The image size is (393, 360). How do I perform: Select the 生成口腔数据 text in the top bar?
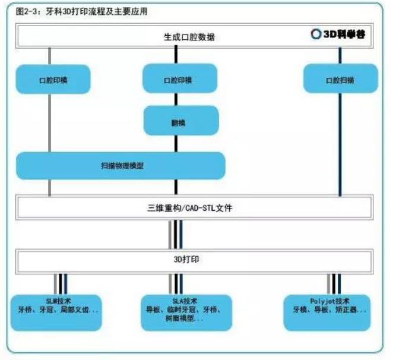(x=189, y=37)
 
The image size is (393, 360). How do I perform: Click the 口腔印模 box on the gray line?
(x=53, y=79)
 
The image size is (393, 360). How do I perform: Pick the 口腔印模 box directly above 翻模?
(x=179, y=79)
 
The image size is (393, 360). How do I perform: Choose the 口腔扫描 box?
(x=340, y=79)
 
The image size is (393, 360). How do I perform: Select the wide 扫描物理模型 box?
(x=121, y=166)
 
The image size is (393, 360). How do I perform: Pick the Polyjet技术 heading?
(x=328, y=301)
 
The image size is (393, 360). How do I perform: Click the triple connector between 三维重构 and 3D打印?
(x=176, y=235)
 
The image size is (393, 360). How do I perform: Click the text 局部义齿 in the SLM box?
(x=78, y=310)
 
